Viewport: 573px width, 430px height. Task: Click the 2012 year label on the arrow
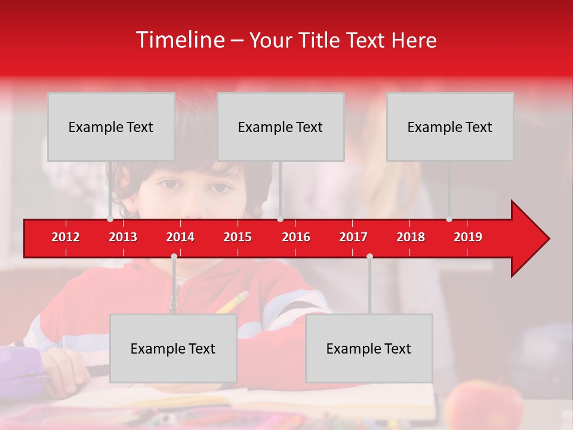point(66,237)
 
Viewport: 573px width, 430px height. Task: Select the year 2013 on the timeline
point(123,237)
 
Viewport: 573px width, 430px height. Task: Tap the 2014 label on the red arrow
point(180,237)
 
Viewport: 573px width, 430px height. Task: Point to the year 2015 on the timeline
point(238,237)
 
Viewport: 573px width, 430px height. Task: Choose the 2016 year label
point(296,237)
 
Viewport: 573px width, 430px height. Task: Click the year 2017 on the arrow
point(353,237)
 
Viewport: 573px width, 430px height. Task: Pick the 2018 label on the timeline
point(411,237)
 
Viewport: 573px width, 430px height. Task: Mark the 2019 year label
point(468,237)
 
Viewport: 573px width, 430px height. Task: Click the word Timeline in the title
point(179,40)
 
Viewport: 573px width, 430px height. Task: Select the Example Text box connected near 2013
point(111,127)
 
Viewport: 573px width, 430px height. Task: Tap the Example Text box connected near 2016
point(281,127)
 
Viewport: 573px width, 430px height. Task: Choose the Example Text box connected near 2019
point(450,127)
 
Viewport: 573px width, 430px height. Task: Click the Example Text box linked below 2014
point(173,348)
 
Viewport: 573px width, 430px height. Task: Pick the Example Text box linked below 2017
point(369,348)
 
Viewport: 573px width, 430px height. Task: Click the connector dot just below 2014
point(174,256)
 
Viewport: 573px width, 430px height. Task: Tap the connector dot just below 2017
point(369,256)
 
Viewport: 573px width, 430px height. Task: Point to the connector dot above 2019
point(449,219)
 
